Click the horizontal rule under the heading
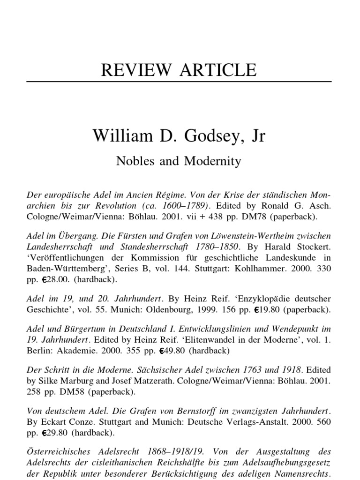point(180,82)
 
